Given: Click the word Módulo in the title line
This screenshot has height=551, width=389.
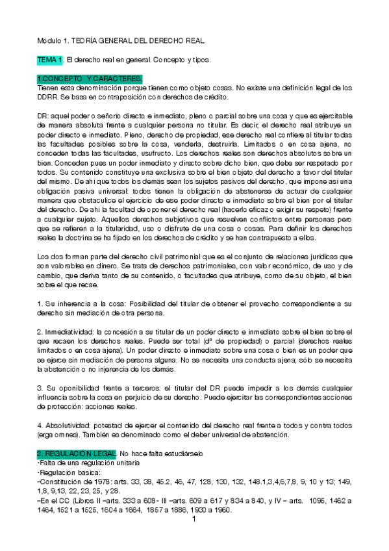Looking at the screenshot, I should tap(50, 41).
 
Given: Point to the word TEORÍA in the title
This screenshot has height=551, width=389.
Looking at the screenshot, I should tap(97, 41).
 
